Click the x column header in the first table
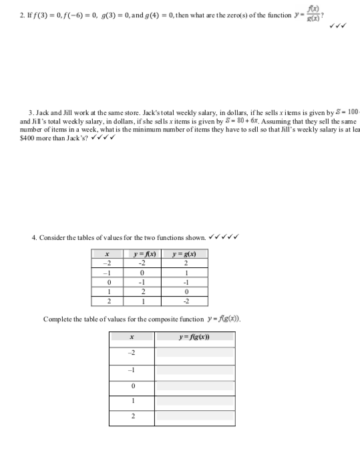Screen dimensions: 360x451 [108, 255]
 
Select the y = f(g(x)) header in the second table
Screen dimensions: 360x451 [194, 338]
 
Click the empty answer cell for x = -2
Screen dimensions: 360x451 [194, 352]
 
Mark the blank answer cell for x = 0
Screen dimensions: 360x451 [194, 386]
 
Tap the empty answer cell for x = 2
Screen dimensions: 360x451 [194, 416]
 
